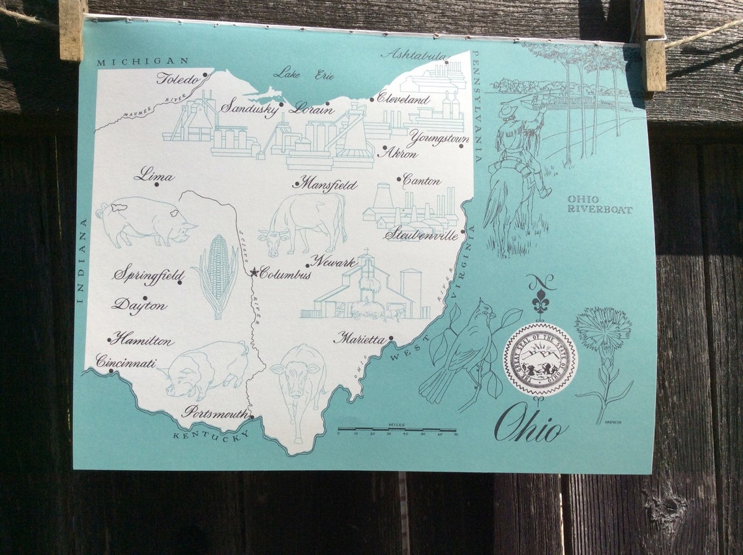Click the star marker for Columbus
(254, 272)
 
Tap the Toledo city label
(177, 80)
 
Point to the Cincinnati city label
(126, 361)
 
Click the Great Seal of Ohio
(540, 359)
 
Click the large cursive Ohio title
(532, 425)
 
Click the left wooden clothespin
(72, 29)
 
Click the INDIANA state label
(83, 262)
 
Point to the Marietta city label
(359, 338)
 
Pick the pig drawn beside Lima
(145, 222)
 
